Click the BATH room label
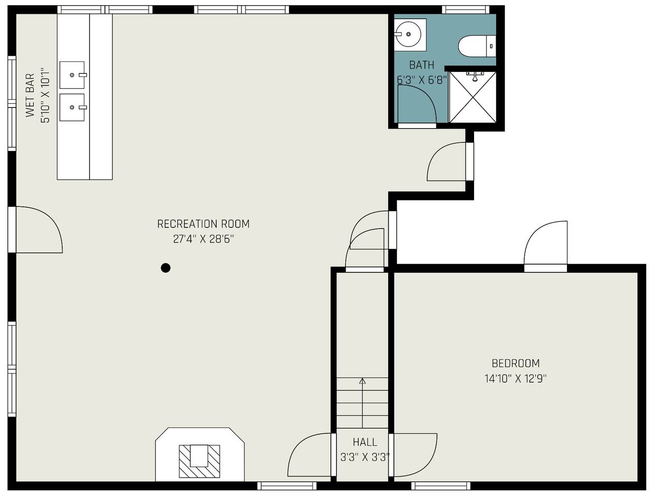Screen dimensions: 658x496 421,65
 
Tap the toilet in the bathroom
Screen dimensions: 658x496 477,46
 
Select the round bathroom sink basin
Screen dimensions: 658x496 408,35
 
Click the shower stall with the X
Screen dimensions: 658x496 472,97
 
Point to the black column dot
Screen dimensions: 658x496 165,268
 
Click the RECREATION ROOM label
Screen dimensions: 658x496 203,224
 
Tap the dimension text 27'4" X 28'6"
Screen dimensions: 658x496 203,239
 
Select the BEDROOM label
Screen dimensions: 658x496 516,363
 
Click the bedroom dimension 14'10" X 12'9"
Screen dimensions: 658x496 516,379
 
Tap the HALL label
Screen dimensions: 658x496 365,442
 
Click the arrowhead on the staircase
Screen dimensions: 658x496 362,381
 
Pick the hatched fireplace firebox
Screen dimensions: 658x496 200,461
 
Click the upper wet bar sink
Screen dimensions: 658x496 72,75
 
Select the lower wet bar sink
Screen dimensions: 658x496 72,107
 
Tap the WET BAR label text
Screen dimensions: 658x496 30,95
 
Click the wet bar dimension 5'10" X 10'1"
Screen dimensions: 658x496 45,95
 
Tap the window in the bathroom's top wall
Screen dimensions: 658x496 466,10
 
